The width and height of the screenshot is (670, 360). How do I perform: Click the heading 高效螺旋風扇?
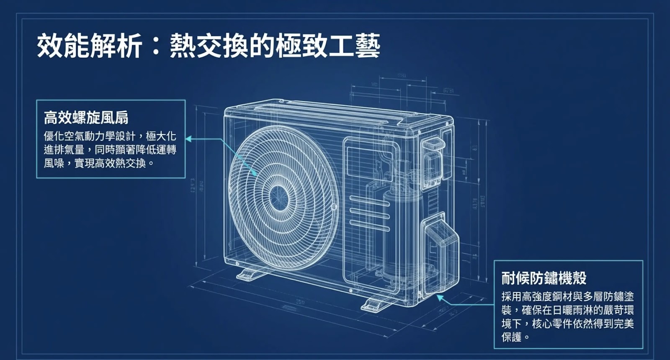click(x=86, y=118)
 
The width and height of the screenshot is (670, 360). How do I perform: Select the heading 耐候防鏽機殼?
click(x=544, y=278)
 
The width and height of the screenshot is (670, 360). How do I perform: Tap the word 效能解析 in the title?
click(x=90, y=46)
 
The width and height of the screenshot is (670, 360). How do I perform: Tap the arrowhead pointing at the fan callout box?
click(x=188, y=139)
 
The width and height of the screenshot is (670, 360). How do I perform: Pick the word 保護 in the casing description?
click(x=512, y=337)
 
